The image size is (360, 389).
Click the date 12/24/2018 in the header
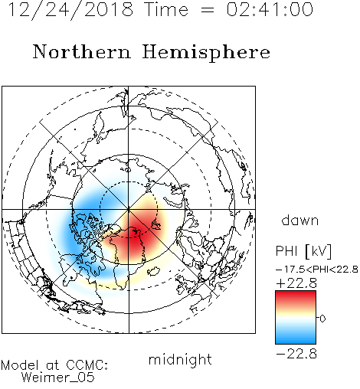click(70, 9)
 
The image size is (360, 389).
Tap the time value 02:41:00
click(270, 9)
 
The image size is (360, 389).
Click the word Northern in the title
click(82, 51)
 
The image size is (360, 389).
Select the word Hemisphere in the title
click(206, 53)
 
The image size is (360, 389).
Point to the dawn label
click(300, 220)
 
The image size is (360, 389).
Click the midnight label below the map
click(180, 359)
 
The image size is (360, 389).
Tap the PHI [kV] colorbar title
click(304, 251)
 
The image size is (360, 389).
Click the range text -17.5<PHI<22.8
click(317, 270)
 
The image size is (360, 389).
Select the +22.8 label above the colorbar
click(296, 283)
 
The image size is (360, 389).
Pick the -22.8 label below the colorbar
click(296, 354)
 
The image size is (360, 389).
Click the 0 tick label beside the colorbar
click(322, 319)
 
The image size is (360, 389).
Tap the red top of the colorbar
click(296, 296)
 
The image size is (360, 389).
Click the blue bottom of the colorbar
click(296, 339)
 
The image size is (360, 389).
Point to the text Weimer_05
click(58, 378)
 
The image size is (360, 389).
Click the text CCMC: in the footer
click(87, 365)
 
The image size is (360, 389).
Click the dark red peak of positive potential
click(136, 234)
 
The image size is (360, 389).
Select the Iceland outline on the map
click(154, 271)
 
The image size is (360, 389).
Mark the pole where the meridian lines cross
click(129, 210)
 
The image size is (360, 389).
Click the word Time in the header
click(166, 9)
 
